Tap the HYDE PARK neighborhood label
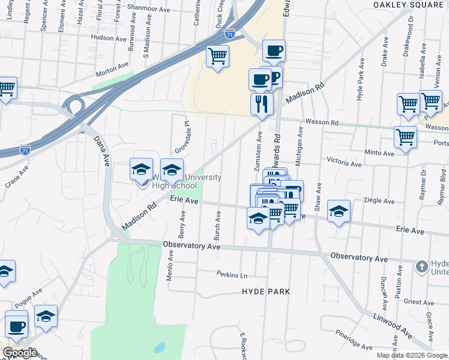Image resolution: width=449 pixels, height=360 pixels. click(266, 292)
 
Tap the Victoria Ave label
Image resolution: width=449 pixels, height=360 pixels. click(344, 162)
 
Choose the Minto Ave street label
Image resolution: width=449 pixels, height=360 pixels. click(379, 154)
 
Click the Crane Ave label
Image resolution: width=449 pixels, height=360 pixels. click(17, 178)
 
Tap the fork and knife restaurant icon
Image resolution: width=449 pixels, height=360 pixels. click(262, 104)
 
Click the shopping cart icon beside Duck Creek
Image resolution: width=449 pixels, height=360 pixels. click(217, 56)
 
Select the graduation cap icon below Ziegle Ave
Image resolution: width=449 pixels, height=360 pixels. click(339, 211)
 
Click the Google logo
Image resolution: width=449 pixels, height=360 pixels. click(19, 353)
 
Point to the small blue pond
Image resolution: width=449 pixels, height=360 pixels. click(159, 347)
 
